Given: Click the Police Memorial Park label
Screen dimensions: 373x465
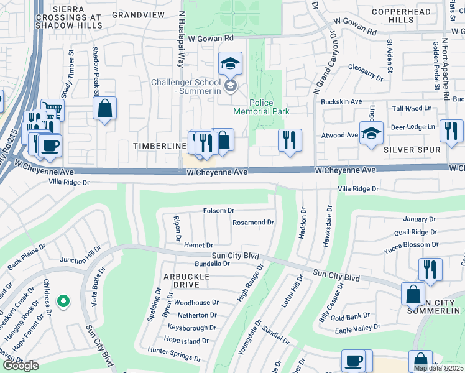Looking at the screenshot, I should [x=261, y=107].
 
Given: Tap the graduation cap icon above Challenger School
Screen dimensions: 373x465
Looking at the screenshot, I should [x=230, y=63].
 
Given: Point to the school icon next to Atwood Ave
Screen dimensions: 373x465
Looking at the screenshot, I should [x=371, y=134].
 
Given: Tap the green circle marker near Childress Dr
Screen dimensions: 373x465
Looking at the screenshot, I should [x=63, y=302].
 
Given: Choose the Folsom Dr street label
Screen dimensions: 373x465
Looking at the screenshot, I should [x=218, y=211].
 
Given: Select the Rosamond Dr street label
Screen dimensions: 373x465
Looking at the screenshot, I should [x=253, y=222].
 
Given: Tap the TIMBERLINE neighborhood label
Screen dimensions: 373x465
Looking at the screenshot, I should [x=160, y=145].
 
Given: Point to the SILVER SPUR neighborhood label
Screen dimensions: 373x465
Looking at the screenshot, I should [x=412, y=150].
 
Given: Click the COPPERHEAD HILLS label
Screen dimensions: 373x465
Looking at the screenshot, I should [x=401, y=16].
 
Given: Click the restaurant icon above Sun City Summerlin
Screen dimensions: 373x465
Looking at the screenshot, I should [x=430, y=269].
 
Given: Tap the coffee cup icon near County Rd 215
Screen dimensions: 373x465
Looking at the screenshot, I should [x=49, y=145].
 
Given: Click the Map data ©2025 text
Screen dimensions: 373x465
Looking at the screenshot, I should [x=438, y=368].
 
